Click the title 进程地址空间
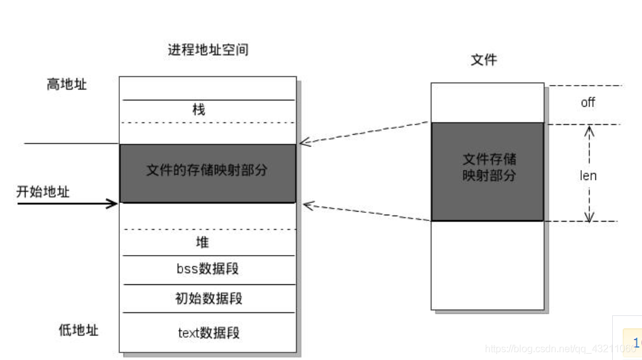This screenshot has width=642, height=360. [x=208, y=50]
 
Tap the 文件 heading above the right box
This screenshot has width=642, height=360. [x=484, y=60]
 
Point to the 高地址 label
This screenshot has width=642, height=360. [x=66, y=84]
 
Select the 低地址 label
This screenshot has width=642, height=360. [x=78, y=330]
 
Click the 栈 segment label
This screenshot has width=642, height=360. [x=199, y=110]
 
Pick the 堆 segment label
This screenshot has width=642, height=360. [x=202, y=242]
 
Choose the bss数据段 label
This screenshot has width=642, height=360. [x=207, y=269]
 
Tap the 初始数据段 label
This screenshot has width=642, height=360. [x=208, y=299]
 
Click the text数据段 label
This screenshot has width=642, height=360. [x=208, y=333]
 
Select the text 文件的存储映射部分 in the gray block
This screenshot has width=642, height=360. [x=207, y=170]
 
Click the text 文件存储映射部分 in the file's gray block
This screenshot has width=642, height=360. [x=489, y=167]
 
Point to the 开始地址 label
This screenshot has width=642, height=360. [x=43, y=192]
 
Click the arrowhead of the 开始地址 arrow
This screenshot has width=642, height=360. [x=114, y=203]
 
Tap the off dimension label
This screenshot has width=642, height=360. [x=587, y=102]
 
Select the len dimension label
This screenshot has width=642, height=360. [x=588, y=176]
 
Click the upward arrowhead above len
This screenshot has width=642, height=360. [x=589, y=130]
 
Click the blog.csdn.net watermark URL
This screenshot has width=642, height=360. [x=553, y=349]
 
